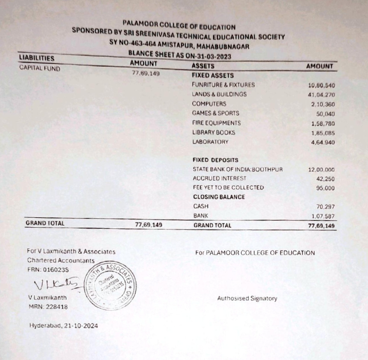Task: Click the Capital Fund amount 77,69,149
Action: tap(146, 73)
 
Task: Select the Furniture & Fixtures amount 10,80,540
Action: tap(321, 85)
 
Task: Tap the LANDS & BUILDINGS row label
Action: tap(219, 94)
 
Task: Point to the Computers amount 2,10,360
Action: tap(323, 105)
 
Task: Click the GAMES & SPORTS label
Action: tap(215, 113)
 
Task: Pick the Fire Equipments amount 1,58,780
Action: tap(323, 124)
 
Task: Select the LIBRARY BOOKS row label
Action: tap(214, 132)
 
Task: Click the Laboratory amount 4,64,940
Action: tap(323, 143)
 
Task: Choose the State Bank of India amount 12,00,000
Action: tap(321, 170)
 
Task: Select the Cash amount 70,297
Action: tap(325, 207)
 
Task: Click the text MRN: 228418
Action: tap(48, 307)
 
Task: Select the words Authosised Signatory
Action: tap(247, 299)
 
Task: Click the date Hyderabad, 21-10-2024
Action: tap(64, 326)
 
